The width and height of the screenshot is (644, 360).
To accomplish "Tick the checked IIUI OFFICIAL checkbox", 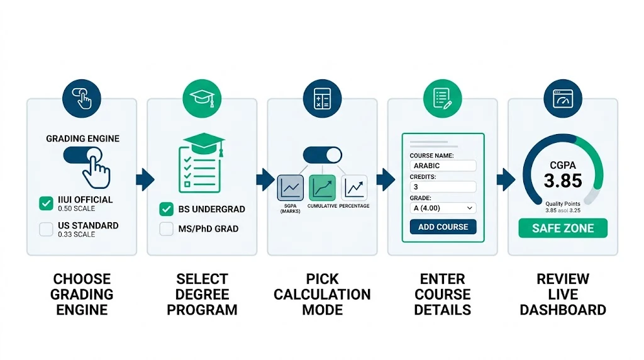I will [x=46, y=203].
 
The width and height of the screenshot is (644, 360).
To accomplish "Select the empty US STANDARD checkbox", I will [x=46, y=229].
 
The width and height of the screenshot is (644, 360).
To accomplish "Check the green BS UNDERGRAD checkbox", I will [x=167, y=209].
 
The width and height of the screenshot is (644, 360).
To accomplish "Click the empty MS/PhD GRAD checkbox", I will [x=167, y=229].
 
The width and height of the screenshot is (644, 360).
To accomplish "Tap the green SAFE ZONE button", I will [x=563, y=228].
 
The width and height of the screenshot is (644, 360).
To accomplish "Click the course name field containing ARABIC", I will [x=443, y=166].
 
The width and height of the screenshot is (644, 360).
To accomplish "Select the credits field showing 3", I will [x=443, y=187].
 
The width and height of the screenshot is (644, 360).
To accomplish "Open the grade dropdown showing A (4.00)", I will [x=443, y=208].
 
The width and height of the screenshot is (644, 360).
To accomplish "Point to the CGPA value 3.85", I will [x=563, y=181].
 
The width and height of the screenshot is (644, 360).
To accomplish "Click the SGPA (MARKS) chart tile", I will [x=291, y=188].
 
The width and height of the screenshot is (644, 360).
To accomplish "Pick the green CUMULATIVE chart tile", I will [x=322, y=188].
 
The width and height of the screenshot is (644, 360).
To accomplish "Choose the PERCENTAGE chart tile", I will [x=354, y=188].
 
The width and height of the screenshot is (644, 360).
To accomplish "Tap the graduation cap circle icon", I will [x=202, y=99].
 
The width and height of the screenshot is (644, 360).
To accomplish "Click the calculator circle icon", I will [x=322, y=99].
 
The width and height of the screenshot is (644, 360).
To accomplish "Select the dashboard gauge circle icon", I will [x=563, y=99].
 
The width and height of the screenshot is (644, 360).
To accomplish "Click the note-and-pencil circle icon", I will [x=443, y=99].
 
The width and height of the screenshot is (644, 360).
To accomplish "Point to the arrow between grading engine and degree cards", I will [x=144, y=179].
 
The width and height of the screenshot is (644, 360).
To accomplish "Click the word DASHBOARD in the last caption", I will [x=563, y=310].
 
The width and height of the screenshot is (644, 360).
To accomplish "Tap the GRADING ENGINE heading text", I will [x=82, y=138].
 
